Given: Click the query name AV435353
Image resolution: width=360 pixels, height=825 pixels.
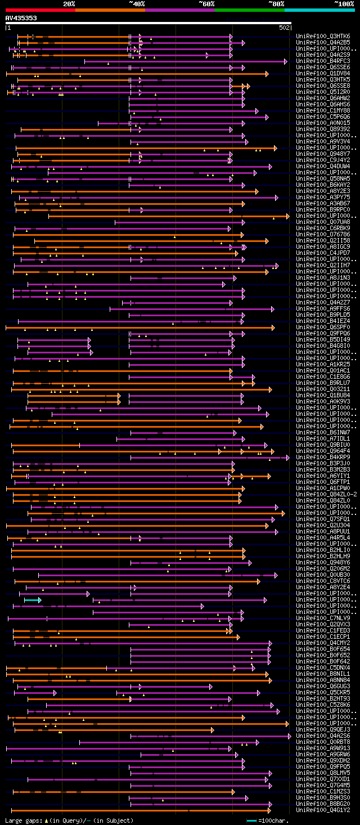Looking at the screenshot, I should (21, 18).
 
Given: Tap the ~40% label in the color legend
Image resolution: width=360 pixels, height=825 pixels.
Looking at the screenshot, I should (137, 3).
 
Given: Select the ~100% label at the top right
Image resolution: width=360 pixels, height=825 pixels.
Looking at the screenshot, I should (344, 3).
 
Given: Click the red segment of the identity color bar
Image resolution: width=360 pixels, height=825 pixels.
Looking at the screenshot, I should (40, 10).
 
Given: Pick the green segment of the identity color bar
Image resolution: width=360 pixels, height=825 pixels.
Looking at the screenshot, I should (249, 10).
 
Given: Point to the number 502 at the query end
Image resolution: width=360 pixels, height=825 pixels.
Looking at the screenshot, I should (284, 27).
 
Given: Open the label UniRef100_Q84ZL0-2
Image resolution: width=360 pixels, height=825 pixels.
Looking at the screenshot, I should (326, 494).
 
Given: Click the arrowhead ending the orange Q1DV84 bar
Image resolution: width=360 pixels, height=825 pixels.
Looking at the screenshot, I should (267, 74).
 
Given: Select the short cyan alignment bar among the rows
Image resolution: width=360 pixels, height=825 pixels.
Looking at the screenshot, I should (32, 600).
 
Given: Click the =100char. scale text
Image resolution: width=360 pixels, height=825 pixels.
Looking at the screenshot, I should (273, 820).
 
